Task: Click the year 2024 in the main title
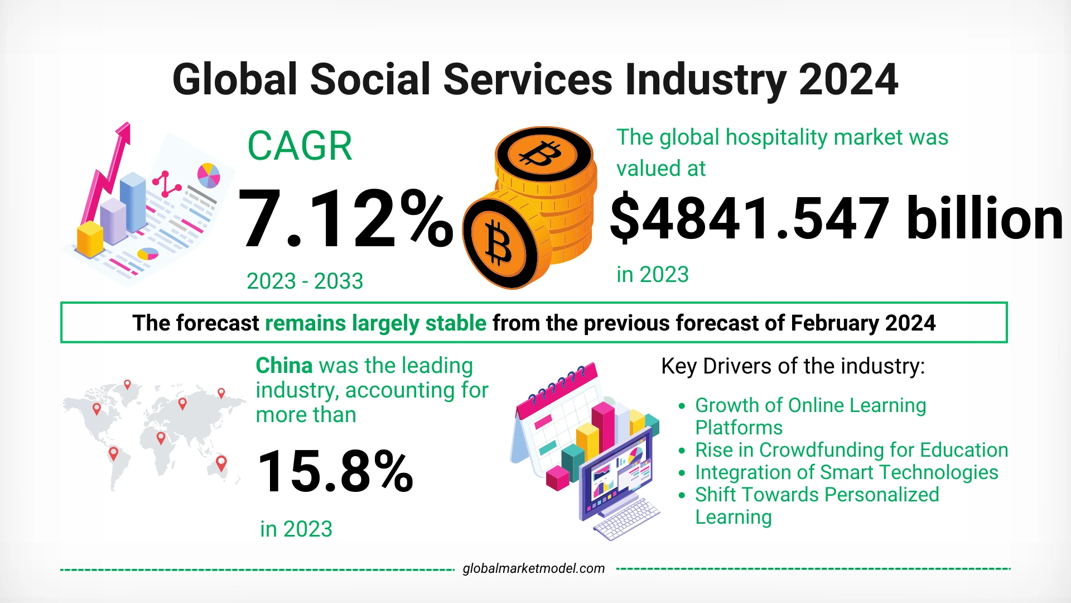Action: click(848, 80)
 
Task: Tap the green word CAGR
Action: click(300, 146)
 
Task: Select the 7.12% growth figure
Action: click(345, 219)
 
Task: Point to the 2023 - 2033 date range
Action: click(305, 281)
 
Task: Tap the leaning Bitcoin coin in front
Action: click(498, 242)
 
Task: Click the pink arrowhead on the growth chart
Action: click(124, 134)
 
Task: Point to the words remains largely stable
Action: click(375, 323)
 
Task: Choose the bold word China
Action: click(284, 366)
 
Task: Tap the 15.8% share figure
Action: click(335, 472)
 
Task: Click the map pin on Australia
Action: click(221, 463)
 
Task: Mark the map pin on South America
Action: click(113, 453)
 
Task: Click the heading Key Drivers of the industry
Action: click(793, 366)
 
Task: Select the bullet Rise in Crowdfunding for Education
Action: click(851, 450)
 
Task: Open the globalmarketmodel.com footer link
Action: click(533, 568)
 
